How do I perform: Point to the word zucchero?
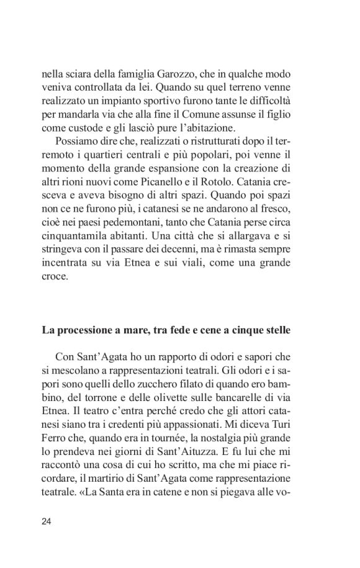(180, 384)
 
